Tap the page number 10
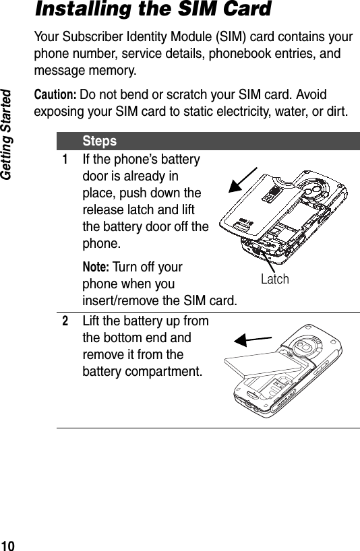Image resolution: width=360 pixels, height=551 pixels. [9, 544]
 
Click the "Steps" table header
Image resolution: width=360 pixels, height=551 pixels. [100, 141]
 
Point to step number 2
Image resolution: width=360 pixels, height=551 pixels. [65, 322]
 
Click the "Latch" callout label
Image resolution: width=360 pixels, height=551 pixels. [275, 279]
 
